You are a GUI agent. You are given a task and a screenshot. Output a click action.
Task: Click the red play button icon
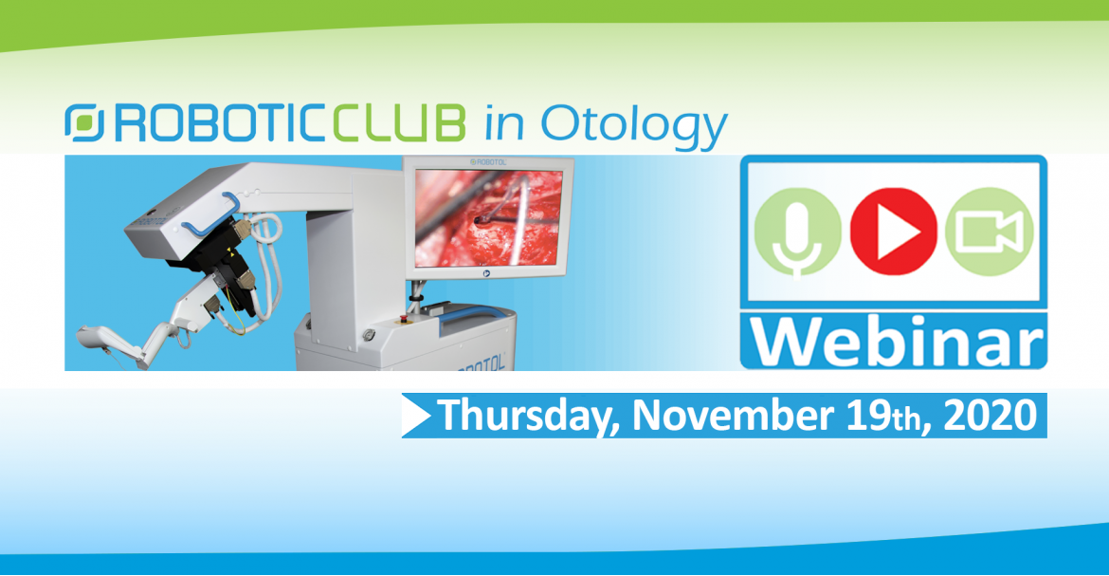[893, 231]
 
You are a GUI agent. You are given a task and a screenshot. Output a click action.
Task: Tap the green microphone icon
[798, 232]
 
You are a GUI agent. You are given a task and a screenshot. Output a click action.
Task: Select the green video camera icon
[989, 231]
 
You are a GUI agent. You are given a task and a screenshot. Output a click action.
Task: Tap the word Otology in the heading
[634, 126]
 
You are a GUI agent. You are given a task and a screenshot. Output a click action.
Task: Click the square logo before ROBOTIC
[84, 122]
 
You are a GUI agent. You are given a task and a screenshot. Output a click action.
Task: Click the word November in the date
[733, 416]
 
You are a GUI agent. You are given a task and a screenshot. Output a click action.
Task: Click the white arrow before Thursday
[416, 416]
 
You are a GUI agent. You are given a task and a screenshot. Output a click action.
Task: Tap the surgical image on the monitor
[489, 216]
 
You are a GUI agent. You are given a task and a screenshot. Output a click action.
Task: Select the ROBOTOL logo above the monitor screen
[488, 162]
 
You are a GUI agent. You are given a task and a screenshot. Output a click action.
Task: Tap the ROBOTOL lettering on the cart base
[480, 363]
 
